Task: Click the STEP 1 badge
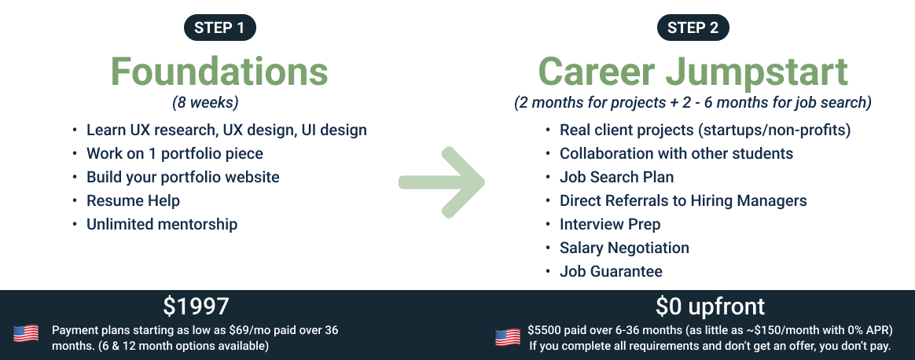click(220, 28)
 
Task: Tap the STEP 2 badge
click(693, 28)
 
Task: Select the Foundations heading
click(219, 72)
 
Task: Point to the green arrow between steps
click(442, 182)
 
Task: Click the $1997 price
click(196, 307)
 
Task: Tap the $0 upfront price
click(710, 307)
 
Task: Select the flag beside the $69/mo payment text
click(26, 334)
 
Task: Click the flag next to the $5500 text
click(508, 337)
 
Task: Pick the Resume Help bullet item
click(133, 200)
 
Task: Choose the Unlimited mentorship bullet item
click(162, 224)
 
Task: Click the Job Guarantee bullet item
click(611, 271)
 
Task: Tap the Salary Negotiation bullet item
click(624, 248)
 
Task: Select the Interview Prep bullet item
click(610, 224)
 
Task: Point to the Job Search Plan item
click(617, 177)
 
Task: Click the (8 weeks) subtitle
click(205, 103)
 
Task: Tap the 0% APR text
click(868, 330)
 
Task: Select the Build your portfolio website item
click(182, 177)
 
